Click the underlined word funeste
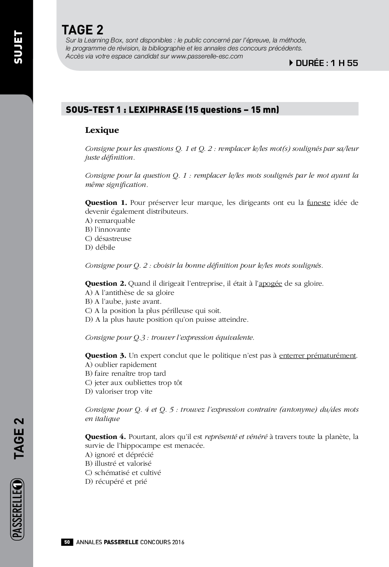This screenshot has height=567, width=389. pos(318,202)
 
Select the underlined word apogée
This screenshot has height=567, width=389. pos(270,284)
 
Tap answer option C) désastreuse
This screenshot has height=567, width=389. pos(108,238)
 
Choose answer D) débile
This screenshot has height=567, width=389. pos(100,247)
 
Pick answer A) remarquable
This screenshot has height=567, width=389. pos(110,220)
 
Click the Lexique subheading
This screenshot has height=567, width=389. pos(102,130)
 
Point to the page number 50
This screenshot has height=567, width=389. pos(67,542)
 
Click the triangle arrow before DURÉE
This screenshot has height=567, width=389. pos(291,63)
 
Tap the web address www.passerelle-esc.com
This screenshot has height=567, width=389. pos(207,56)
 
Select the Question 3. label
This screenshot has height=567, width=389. pos(105,355)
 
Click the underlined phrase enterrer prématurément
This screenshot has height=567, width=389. pos(318,355)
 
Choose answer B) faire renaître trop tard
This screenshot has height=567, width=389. pos(125,373)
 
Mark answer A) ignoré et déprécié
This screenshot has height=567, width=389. pos(119,455)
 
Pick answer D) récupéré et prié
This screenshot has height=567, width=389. pos(116,481)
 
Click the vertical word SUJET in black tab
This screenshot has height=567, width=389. pos(18,47)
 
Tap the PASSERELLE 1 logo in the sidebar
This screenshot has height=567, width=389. pos(18,509)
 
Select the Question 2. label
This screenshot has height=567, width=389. pos(105,283)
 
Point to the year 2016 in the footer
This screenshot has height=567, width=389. pos(178,542)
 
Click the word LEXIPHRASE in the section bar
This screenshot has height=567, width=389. pos(155,110)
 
